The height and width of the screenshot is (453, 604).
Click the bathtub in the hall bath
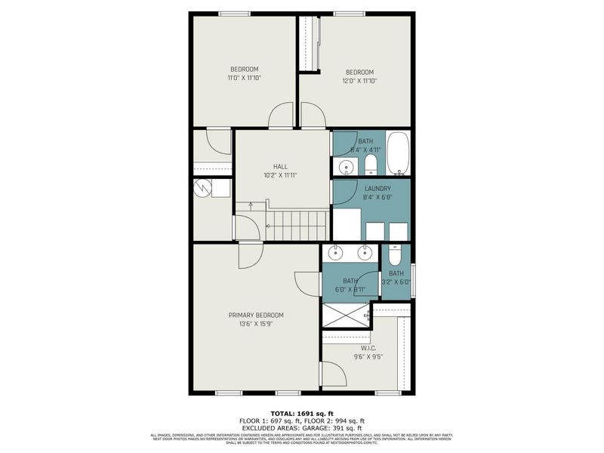398,153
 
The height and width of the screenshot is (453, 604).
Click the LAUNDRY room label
377,189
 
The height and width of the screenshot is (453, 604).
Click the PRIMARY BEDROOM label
256,315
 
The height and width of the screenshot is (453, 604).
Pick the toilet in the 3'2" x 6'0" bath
395,254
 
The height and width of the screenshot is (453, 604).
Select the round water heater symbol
202,188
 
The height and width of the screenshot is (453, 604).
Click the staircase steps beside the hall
297,225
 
